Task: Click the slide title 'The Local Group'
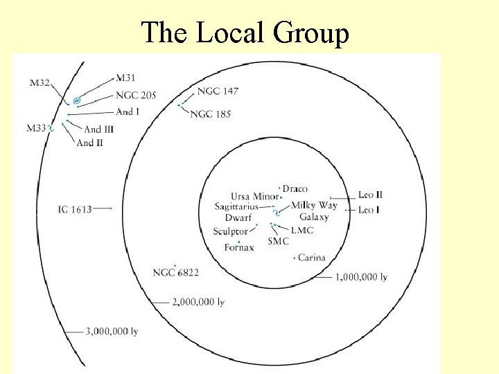point(245,33)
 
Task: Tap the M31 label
point(126,77)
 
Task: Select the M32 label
point(40,83)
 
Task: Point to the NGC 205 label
point(136,95)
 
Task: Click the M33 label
point(35,128)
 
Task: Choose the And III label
point(98,129)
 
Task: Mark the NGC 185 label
point(210,114)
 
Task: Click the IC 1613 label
point(76,208)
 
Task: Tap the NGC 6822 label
point(175,273)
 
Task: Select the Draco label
point(295,188)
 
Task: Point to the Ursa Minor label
point(254,197)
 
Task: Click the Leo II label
point(370,195)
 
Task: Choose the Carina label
point(312,258)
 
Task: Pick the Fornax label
point(239,248)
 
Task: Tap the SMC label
point(278,241)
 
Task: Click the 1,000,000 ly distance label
point(361,277)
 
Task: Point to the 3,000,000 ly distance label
point(111,332)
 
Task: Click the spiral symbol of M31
point(77,100)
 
